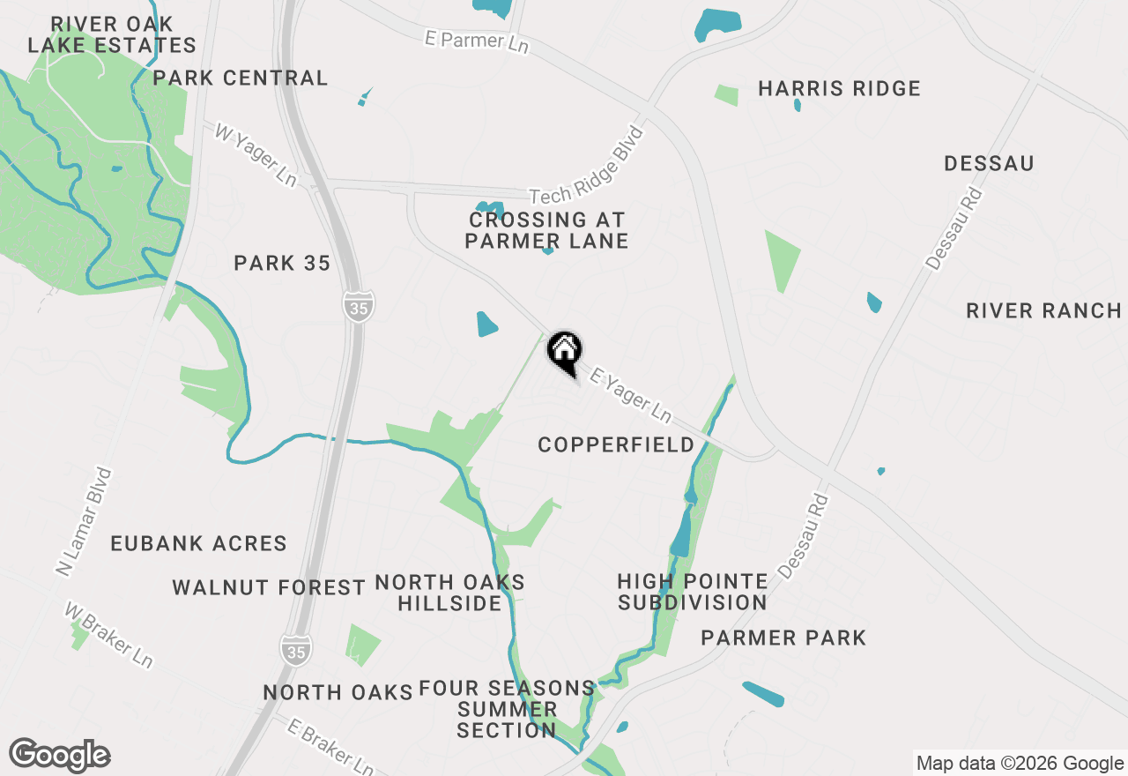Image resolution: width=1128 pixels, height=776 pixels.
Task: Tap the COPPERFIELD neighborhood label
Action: tap(616, 445)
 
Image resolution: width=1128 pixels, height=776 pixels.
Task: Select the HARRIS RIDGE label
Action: tap(839, 89)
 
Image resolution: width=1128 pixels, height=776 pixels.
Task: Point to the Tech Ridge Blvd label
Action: tap(588, 165)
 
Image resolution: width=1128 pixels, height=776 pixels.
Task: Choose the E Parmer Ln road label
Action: tap(476, 41)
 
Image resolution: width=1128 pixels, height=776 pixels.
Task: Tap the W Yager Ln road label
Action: tap(256, 155)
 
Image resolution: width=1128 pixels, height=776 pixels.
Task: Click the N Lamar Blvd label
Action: tap(85, 521)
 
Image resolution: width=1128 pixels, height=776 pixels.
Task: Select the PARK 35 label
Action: tap(282, 263)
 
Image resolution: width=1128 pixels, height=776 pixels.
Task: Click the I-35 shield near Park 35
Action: tap(358, 305)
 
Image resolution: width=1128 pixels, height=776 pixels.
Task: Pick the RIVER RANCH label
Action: tap(1043, 310)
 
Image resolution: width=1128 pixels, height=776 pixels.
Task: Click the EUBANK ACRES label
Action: tap(199, 543)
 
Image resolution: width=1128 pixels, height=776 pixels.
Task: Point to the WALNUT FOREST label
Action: tap(269, 587)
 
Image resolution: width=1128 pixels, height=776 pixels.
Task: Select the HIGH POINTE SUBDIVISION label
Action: tap(692, 592)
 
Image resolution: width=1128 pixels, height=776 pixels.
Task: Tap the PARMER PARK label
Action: tap(783, 638)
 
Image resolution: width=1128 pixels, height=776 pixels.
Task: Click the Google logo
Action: tap(60, 755)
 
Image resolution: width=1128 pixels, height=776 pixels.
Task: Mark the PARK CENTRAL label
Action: tap(241, 78)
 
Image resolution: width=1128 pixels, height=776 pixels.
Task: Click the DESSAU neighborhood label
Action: tap(989, 163)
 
